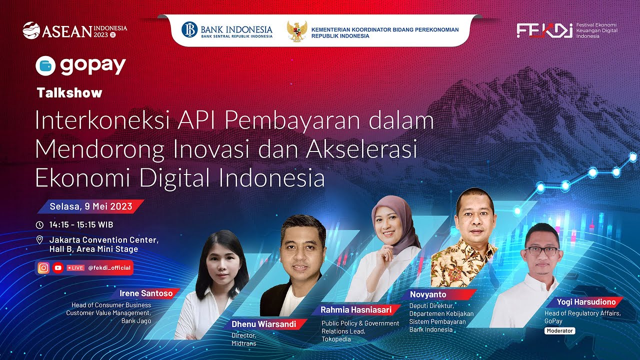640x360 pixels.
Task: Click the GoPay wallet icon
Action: pyautogui.click(x=45, y=66)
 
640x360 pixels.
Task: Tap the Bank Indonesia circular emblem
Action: pyautogui.click(x=190, y=30)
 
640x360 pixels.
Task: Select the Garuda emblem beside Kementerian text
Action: pyautogui.click(x=297, y=31)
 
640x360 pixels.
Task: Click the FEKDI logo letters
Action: pyautogui.click(x=544, y=30)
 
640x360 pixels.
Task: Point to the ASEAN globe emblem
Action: pyautogui.click(x=31, y=30)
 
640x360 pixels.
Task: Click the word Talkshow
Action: pyautogui.click(x=69, y=92)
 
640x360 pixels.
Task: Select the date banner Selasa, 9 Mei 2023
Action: pyautogui.click(x=91, y=206)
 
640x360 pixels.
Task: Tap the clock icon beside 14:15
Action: pyautogui.click(x=40, y=224)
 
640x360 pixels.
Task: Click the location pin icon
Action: pyautogui.click(x=40, y=240)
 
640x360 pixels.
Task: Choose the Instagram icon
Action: pyautogui.click(x=44, y=267)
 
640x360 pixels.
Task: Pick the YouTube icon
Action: pyautogui.click(x=57, y=267)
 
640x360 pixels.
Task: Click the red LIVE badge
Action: pyautogui.click(x=75, y=267)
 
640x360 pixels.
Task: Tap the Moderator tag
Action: pyautogui.click(x=560, y=331)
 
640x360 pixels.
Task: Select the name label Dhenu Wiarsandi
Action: pyautogui.click(x=263, y=324)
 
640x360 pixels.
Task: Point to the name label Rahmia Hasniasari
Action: pyautogui.click(x=355, y=310)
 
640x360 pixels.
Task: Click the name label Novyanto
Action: pyautogui.click(x=428, y=294)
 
